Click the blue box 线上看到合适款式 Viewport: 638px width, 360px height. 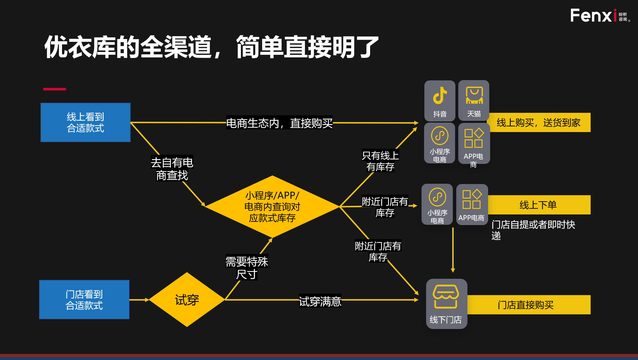(86, 123)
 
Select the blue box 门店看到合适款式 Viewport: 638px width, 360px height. (84, 300)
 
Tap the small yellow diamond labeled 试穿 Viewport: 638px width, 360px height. (187, 300)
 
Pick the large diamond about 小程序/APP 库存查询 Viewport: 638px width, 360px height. (272, 207)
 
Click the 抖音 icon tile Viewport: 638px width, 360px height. (440, 101)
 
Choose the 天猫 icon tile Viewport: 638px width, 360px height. (474, 100)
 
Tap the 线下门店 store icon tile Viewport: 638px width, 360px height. (446, 304)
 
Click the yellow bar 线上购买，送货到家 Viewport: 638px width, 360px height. (539, 123)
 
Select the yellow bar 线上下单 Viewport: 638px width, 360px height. (539, 205)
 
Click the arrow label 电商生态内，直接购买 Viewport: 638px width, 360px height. (279, 123)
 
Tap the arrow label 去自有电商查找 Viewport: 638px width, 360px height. (172, 169)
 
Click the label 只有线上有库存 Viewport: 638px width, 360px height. (380, 161)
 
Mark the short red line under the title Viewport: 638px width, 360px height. (55, 89)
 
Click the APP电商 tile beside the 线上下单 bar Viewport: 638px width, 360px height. (472, 204)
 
